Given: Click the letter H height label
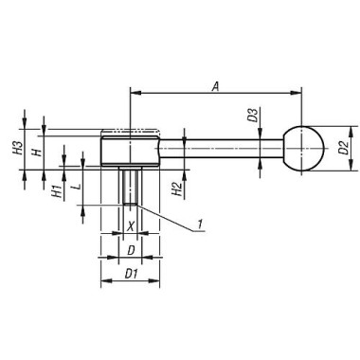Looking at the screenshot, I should click(x=34, y=151).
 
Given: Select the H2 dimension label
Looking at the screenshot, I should click(x=178, y=192).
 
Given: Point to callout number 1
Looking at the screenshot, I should click(x=201, y=224).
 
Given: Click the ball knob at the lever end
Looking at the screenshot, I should click(x=303, y=148).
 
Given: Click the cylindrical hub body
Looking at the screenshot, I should click(x=129, y=150).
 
